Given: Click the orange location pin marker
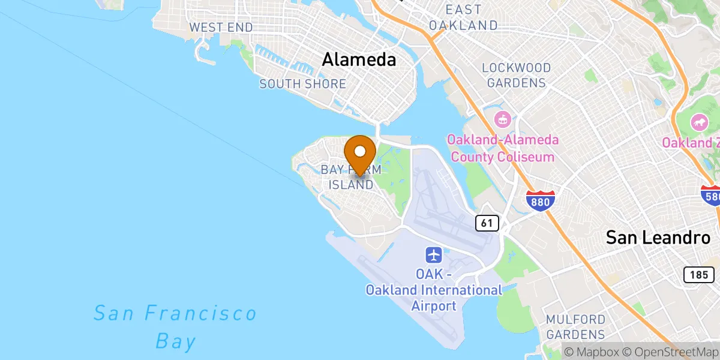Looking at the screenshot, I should [x=360, y=153].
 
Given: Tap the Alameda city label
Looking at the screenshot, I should [x=359, y=59].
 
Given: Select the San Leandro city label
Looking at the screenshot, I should [x=658, y=237].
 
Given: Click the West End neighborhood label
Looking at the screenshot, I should [x=220, y=28].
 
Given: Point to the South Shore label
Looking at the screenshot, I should [x=302, y=84].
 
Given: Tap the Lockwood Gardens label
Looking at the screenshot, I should [x=516, y=75].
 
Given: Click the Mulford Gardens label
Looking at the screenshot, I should [x=575, y=326].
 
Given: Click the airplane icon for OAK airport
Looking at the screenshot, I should [x=434, y=254].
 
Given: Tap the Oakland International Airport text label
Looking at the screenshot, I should [x=434, y=290].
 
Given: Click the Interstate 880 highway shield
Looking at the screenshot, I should [x=539, y=201].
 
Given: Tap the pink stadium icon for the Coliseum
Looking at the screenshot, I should [x=502, y=119].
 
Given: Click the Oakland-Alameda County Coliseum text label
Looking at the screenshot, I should [x=503, y=148].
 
